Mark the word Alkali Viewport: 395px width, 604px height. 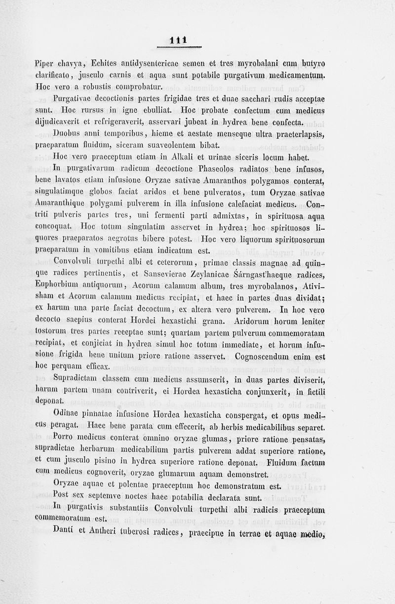click(176, 158)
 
